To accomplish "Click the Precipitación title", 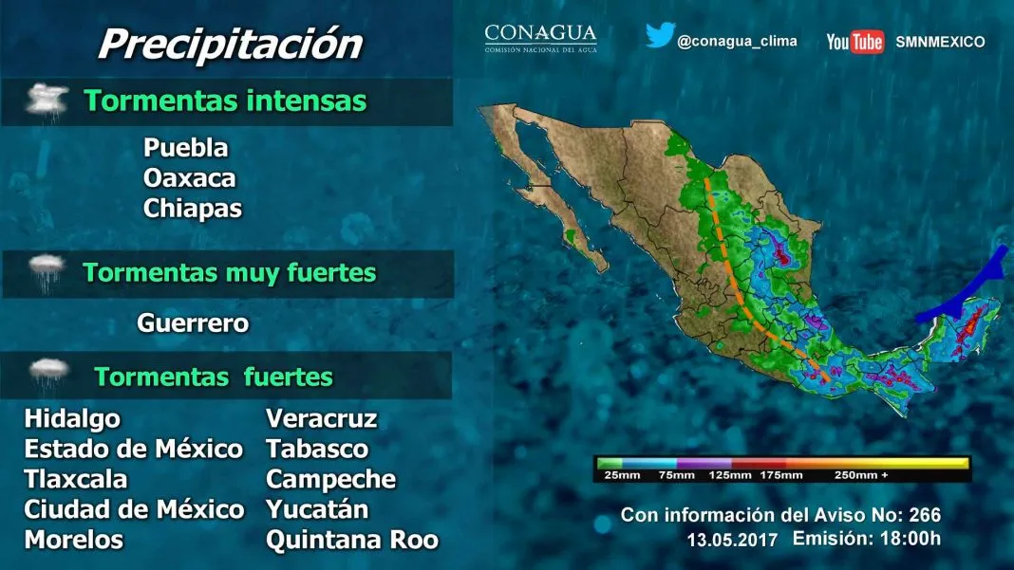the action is (230, 45).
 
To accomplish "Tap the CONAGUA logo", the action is (540, 38).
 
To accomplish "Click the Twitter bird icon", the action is (660, 35).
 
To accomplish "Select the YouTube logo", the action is (854, 42).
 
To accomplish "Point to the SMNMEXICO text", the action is (940, 42).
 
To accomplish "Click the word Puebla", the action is (185, 148).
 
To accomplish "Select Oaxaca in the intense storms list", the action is (190, 178).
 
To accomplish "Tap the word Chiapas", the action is (193, 209).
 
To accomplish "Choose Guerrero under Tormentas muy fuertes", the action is (193, 323).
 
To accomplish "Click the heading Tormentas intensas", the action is (225, 101).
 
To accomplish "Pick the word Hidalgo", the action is (72, 419).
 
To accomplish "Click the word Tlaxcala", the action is (76, 480).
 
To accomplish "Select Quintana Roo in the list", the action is (352, 541).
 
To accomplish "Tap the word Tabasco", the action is (317, 450).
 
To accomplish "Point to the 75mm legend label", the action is (676, 475).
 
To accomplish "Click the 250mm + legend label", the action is (861, 475).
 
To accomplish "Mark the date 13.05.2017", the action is (732, 540).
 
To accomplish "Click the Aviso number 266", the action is (925, 515).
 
